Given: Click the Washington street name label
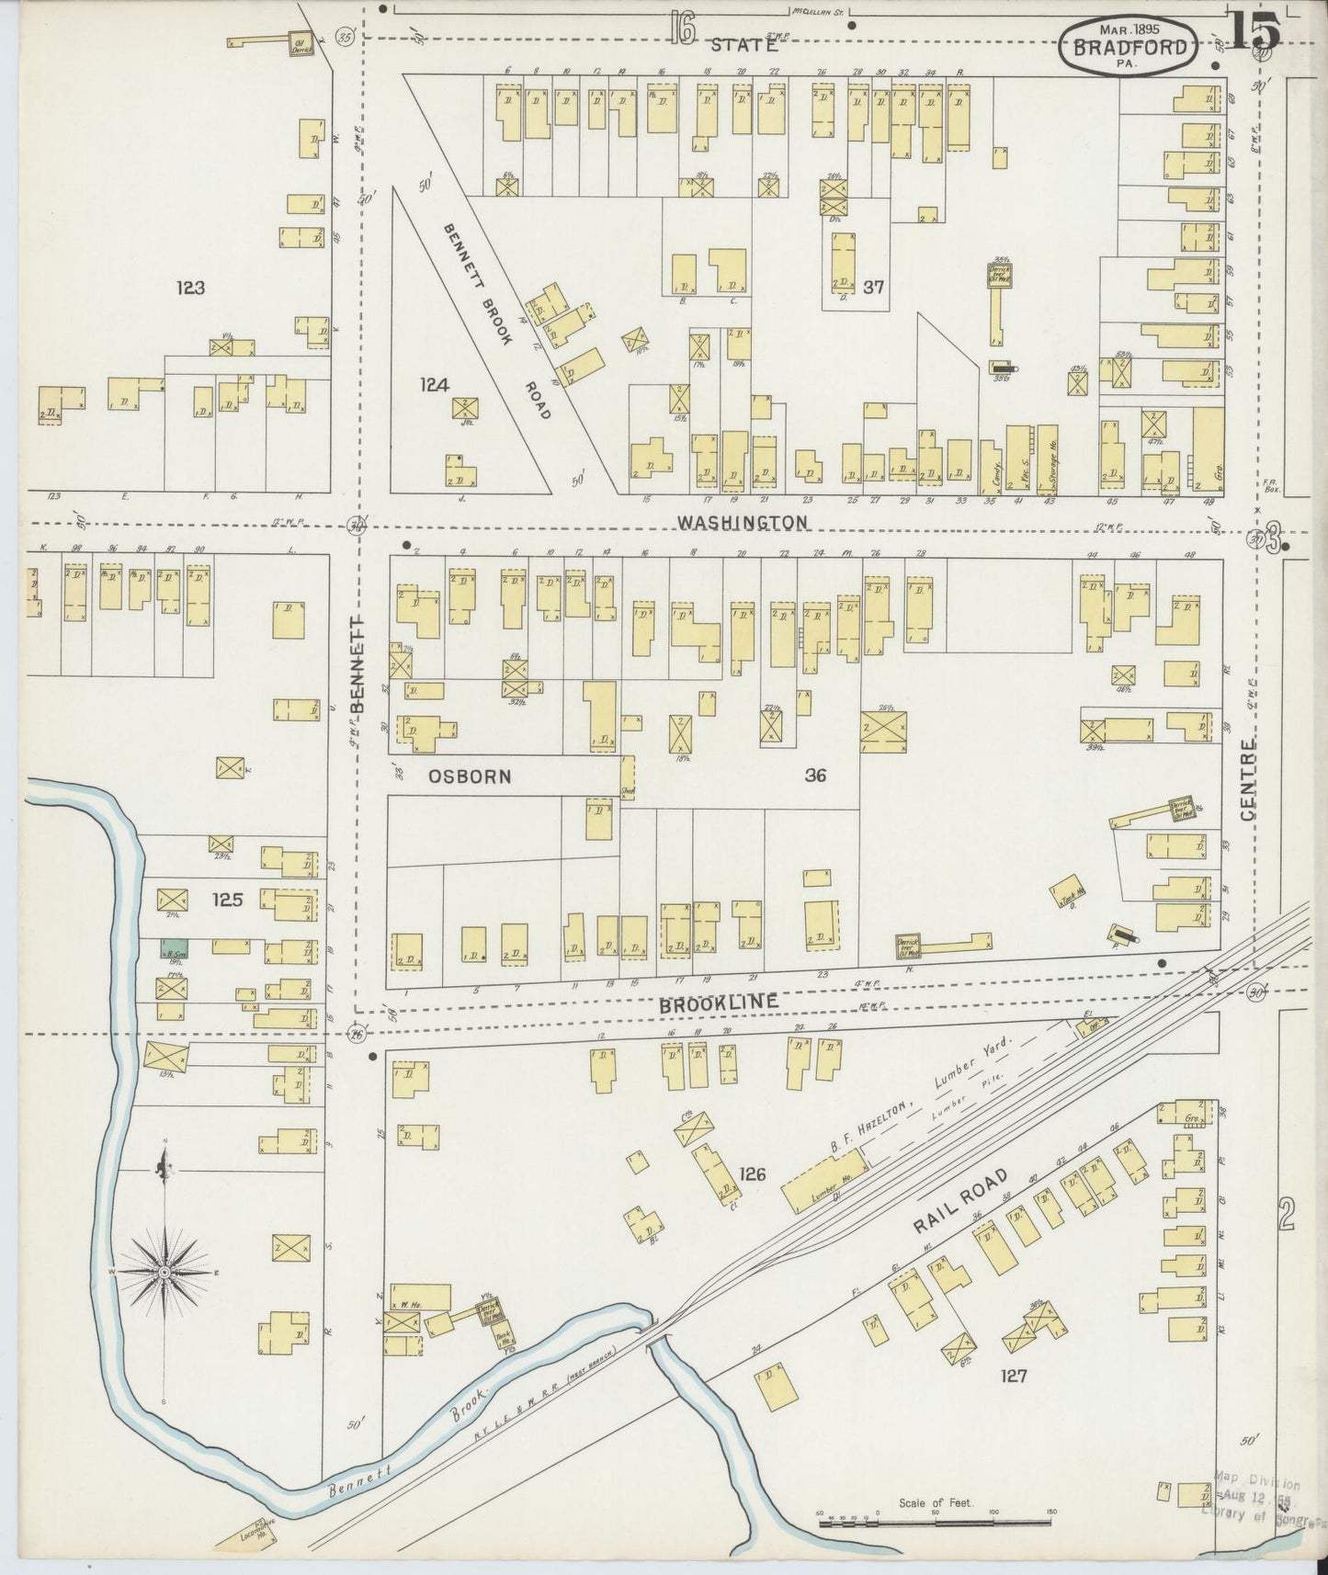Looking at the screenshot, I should [743, 522].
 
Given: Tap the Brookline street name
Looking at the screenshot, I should [719, 1003].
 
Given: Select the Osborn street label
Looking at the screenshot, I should [470, 776].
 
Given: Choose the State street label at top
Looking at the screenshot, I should [743, 44].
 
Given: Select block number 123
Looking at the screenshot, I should [190, 288].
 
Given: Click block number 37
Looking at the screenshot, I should [873, 287].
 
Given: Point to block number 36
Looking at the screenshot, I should [814, 776].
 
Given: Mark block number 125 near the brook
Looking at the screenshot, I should [226, 900].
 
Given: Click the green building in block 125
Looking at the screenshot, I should [176, 947].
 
